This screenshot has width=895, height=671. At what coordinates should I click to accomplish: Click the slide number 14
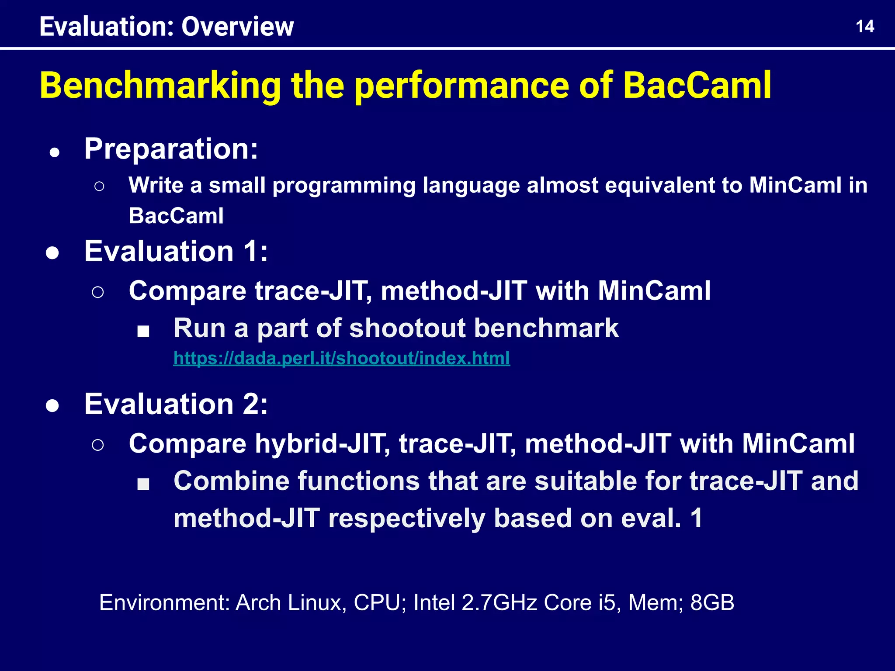[x=864, y=27]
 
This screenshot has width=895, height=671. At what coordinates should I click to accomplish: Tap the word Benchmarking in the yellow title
[x=160, y=86]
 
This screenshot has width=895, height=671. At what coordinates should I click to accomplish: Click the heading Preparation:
[x=171, y=149]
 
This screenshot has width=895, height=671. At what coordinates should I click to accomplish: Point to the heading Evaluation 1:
[x=176, y=252]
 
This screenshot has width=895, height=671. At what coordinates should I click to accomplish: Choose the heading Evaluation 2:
[x=176, y=404]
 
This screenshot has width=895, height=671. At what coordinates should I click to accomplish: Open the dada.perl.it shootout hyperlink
[x=341, y=358]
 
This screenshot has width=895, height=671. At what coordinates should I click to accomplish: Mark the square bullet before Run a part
[x=143, y=332]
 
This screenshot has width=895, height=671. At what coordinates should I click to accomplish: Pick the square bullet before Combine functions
[x=143, y=484]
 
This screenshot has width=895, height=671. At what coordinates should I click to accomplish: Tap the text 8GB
[x=712, y=603]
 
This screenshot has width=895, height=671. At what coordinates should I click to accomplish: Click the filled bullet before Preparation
[x=55, y=153]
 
